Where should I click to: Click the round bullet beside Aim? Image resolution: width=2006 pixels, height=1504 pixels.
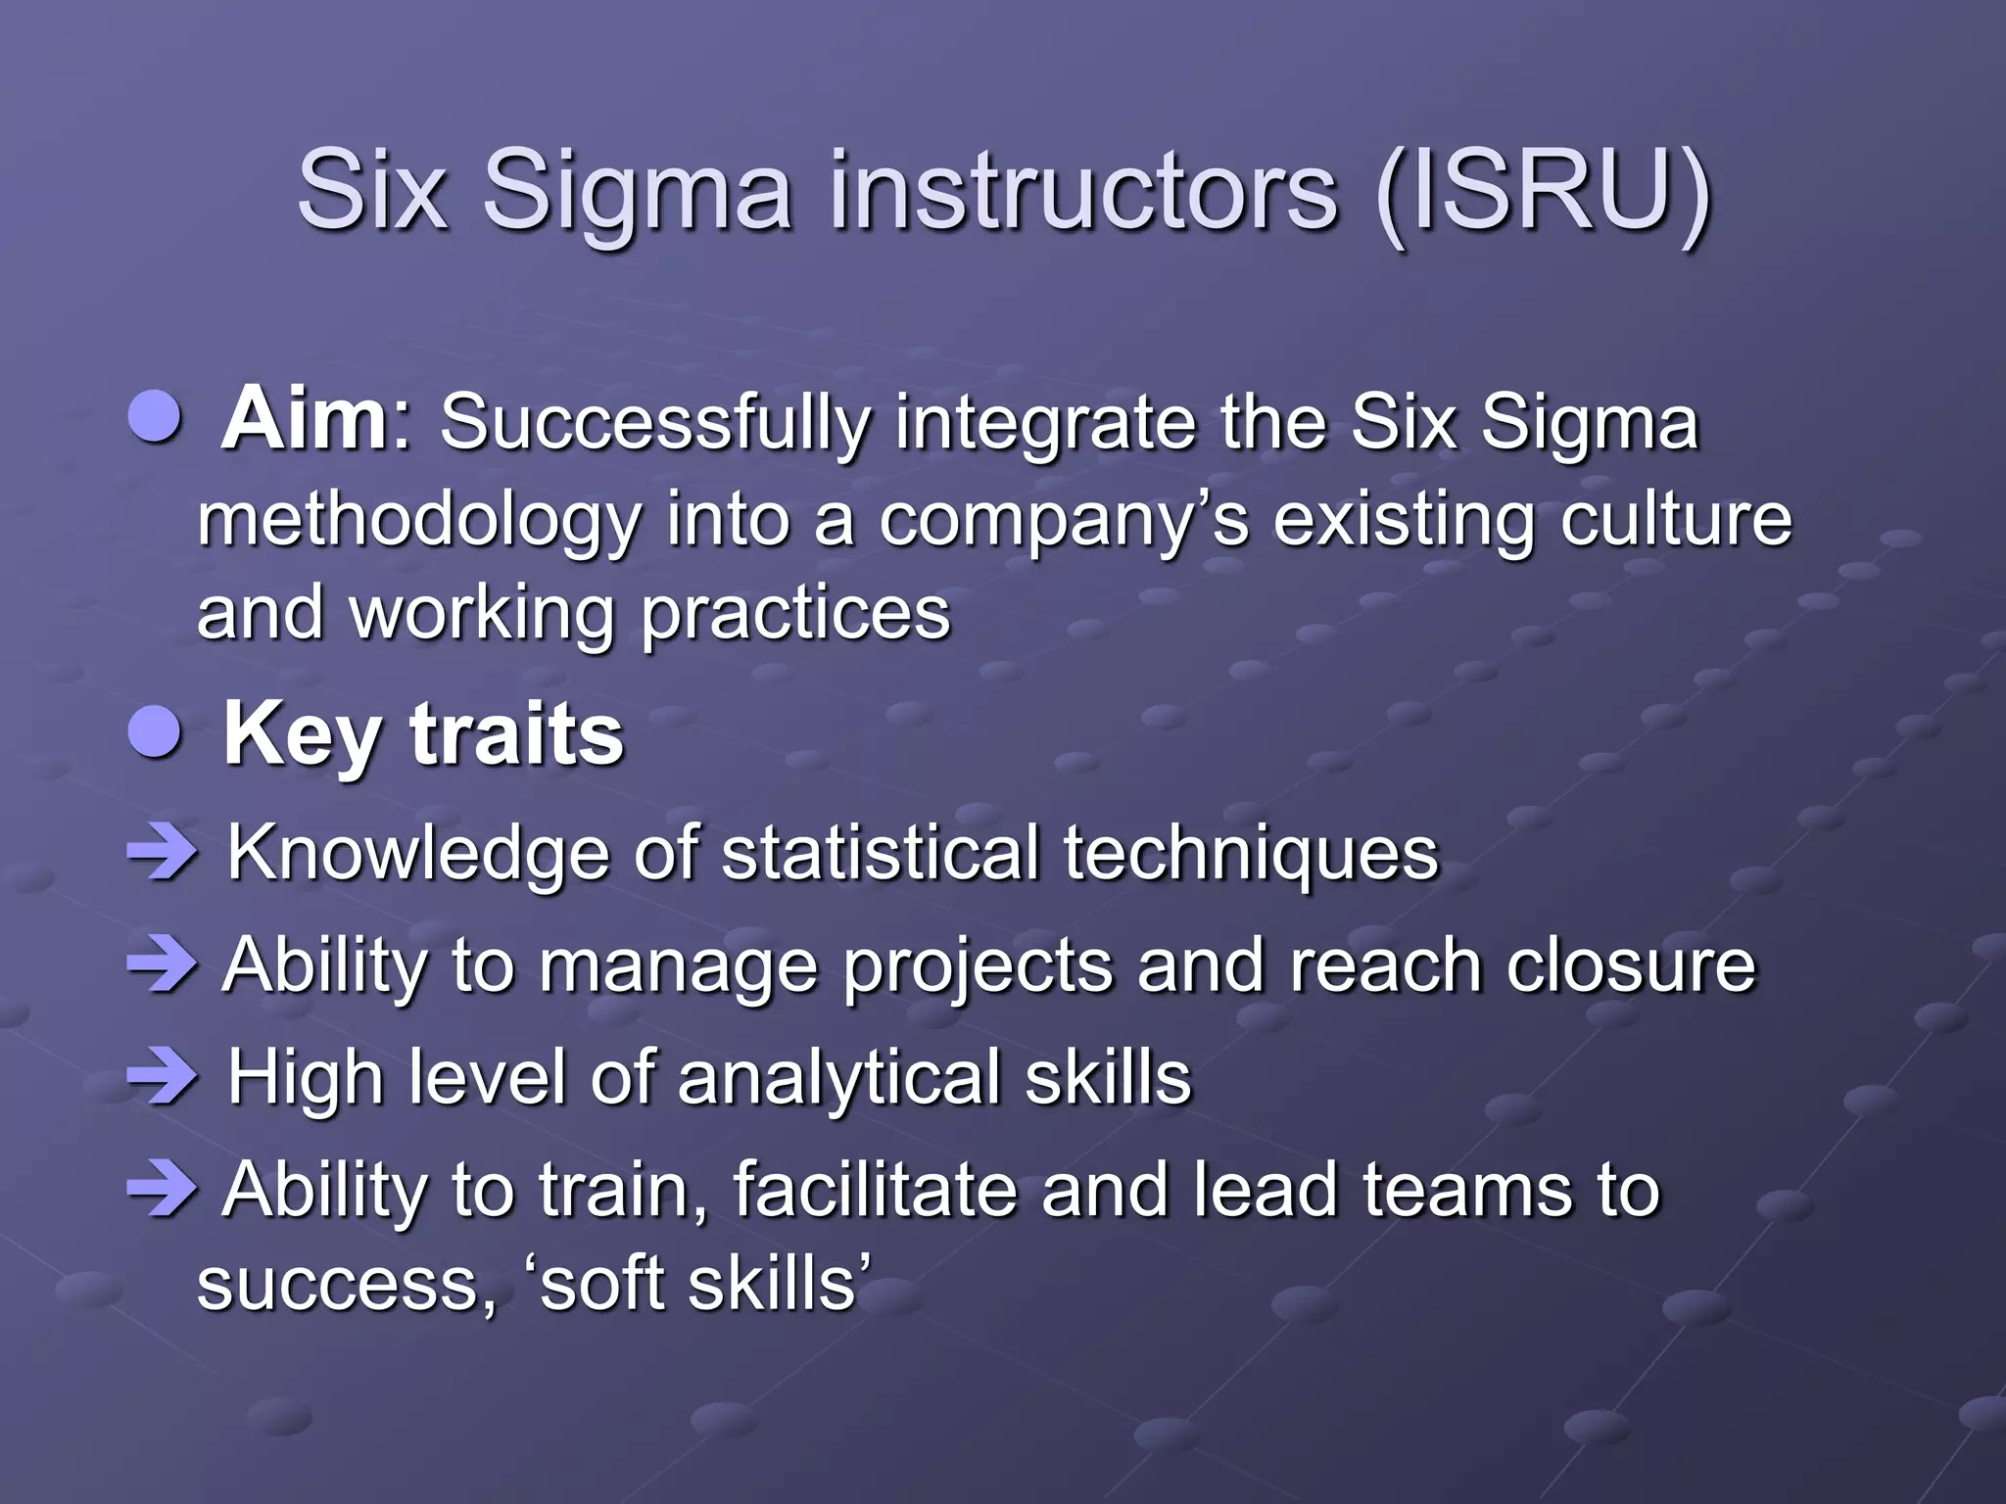click(156, 419)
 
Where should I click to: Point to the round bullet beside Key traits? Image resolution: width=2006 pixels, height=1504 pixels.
click(156, 734)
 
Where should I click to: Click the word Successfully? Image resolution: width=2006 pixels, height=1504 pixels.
click(655, 424)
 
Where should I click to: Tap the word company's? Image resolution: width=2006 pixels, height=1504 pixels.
click(1064, 520)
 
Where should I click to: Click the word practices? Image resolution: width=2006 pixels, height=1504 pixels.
click(795, 615)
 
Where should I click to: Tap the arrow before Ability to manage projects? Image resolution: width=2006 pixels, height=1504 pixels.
click(162, 965)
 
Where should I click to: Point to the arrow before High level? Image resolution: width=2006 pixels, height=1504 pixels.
click(162, 1078)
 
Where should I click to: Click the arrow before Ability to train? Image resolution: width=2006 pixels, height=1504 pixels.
click(162, 1191)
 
